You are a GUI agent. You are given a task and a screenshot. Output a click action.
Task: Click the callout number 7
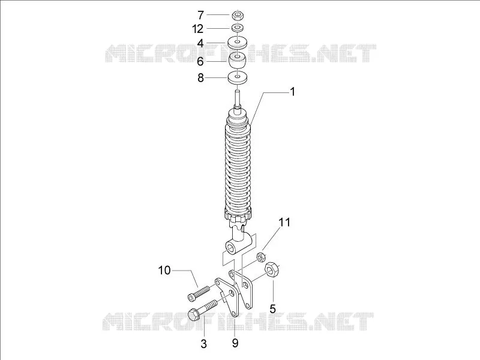[200, 14]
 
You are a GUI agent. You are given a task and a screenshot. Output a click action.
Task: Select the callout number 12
[197, 29]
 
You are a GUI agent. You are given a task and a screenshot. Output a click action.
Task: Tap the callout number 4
[200, 43]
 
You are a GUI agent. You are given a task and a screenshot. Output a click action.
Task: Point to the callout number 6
[200, 62]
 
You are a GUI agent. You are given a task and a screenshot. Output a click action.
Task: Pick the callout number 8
[200, 78]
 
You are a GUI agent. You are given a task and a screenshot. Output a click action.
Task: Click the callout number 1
[292, 92]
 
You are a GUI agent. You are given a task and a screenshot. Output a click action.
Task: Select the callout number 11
[284, 222]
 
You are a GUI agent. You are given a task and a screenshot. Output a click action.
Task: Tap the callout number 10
[164, 271]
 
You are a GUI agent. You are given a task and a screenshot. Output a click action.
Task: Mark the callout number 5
[273, 308]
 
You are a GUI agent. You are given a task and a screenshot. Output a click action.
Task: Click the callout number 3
[204, 343]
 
